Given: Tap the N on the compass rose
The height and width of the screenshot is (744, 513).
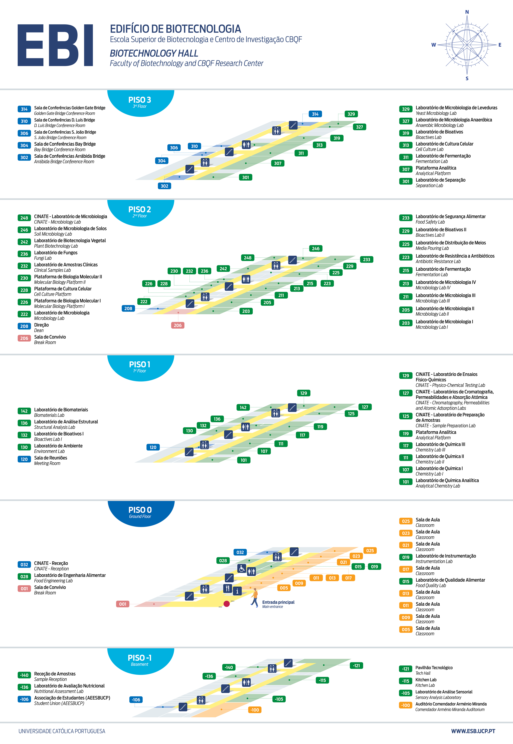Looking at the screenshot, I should point(467,12).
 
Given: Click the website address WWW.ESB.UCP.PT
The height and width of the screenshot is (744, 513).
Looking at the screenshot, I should point(473,731).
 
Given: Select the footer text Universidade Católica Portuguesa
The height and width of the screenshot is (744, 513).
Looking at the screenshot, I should point(62,731).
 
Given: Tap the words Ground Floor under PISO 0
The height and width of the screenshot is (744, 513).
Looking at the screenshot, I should point(140,517).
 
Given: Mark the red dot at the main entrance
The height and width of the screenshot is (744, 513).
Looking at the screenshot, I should point(227,604).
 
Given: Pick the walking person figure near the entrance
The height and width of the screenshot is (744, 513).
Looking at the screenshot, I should point(255,598).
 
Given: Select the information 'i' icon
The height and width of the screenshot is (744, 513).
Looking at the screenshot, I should point(237,591).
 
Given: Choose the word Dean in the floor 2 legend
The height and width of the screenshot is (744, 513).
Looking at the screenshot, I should point(39,331).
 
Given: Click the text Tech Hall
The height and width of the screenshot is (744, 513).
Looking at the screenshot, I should point(423,673).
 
